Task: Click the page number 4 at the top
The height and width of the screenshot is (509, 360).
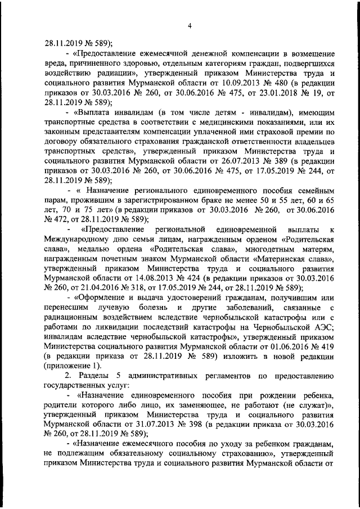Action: [x=190, y=25]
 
